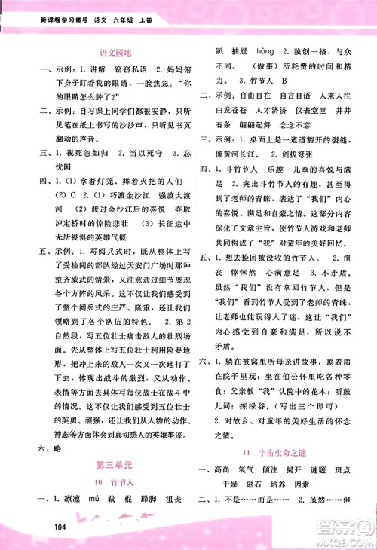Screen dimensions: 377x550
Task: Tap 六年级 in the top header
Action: pyautogui.click(x=123, y=11)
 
